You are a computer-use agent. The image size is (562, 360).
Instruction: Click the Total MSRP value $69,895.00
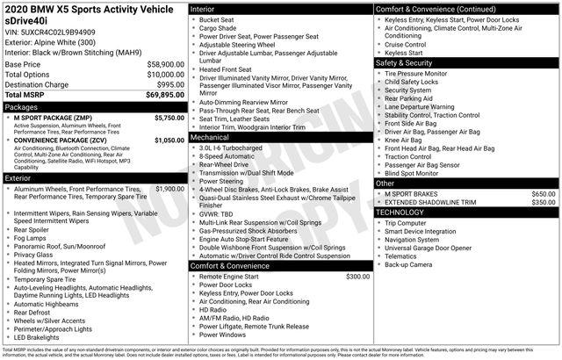(x=159, y=94)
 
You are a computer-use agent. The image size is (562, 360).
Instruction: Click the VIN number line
(x=51, y=31)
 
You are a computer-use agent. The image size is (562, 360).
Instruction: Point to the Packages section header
(x=22, y=105)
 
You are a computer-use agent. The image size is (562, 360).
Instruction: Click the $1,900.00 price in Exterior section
(x=169, y=189)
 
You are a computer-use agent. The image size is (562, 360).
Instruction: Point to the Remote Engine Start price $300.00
(x=357, y=277)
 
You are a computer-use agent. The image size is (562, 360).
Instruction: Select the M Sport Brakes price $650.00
(x=544, y=193)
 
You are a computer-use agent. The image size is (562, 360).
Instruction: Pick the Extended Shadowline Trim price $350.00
(x=544, y=202)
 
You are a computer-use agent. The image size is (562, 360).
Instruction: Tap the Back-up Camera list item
(x=408, y=264)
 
